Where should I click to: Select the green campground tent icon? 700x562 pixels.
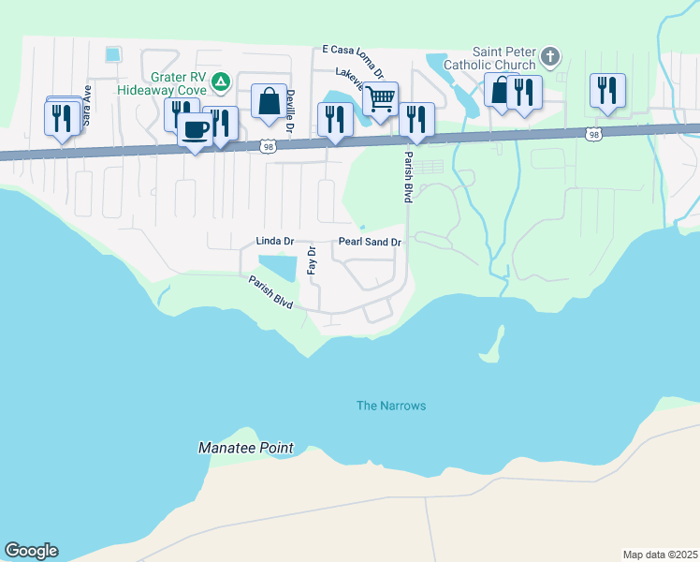click(220, 82)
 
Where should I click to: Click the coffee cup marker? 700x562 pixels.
click(195, 131)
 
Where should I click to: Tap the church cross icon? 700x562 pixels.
click(551, 57)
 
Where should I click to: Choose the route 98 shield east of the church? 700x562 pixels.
click(593, 135)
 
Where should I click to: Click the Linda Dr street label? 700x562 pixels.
click(275, 242)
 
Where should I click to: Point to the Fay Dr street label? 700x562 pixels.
click(312, 262)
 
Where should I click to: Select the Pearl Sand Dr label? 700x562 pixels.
click(370, 242)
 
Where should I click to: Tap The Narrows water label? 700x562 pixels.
click(391, 406)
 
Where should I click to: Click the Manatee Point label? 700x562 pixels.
click(246, 449)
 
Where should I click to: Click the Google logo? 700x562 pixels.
click(31, 551)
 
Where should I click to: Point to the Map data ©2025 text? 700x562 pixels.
click(659, 555)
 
